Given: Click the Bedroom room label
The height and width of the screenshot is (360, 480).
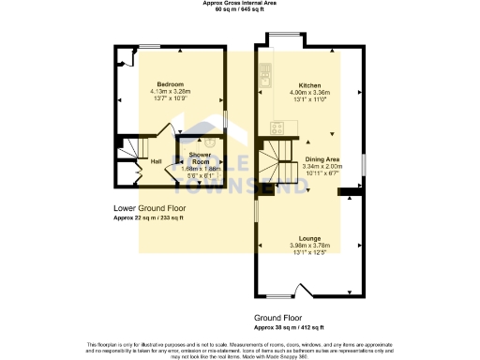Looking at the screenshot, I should coord(170,84).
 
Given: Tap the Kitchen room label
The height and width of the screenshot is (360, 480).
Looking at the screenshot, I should coord(309,84).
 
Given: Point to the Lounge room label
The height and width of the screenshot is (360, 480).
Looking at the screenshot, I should coord(309,239).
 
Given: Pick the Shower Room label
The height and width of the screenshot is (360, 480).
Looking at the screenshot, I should coord(200,156).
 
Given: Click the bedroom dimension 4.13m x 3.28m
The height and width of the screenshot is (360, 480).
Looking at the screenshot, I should coord(170,92).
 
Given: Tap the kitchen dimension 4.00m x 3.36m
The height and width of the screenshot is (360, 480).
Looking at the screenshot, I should coord(309,92).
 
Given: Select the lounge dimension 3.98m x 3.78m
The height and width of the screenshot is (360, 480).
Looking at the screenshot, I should coord(309,246).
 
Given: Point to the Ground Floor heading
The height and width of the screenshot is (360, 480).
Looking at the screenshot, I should coord(278,319).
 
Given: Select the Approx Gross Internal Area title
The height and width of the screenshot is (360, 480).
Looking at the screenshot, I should coord(240,3).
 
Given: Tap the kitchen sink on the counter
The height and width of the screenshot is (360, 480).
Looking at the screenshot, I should coord(265,71).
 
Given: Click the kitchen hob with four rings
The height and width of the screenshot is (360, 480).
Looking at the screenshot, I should coord(277,128).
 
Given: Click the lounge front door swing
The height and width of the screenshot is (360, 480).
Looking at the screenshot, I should coord(302,289).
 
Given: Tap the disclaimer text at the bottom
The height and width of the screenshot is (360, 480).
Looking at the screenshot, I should coord(240,349).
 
